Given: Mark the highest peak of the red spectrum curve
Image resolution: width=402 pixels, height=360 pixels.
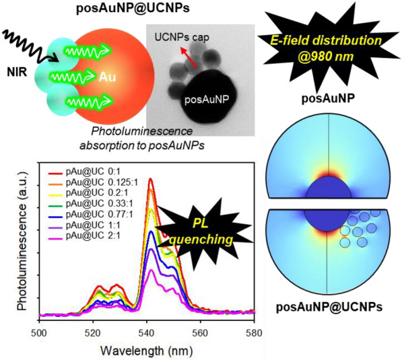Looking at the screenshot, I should tap(150, 179).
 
